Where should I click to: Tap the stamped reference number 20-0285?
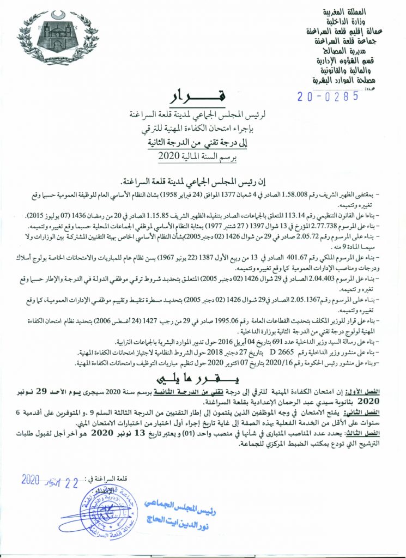tap(328, 96)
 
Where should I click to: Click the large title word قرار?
tap(201, 96)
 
